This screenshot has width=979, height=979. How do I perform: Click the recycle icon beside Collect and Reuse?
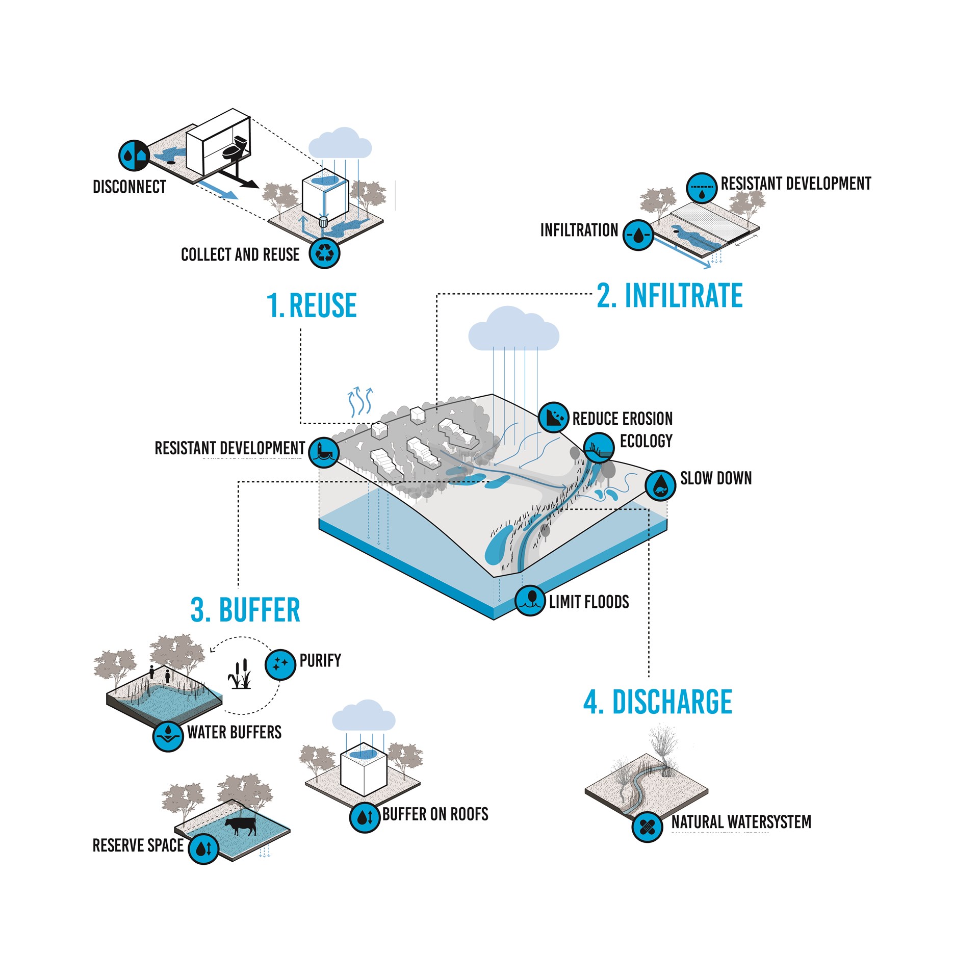(324, 253)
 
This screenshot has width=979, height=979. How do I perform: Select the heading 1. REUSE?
(312, 305)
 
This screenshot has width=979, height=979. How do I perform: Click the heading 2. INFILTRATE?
(669, 295)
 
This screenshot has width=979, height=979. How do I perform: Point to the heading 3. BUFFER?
(245, 610)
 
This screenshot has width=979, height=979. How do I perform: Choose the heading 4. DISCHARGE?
(658, 702)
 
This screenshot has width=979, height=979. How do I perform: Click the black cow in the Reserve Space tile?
(241, 826)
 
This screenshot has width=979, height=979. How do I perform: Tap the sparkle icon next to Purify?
(280, 664)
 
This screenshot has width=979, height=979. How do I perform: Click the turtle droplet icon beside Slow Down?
(660, 485)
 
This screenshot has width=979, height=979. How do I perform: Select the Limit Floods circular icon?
(530, 600)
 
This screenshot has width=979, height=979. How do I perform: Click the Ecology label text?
(646, 441)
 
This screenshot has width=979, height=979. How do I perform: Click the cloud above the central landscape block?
(513, 330)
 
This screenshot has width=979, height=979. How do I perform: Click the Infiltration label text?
(579, 230)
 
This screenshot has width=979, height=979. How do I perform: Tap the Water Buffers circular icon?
(168, 736)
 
